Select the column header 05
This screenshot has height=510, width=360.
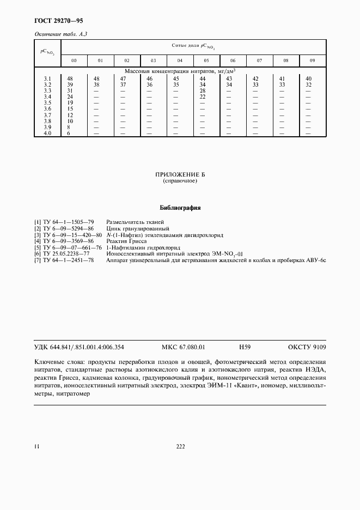pyautogui.click(x=206, y=60)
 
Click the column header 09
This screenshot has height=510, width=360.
pyautogui.click(x=312, y=60)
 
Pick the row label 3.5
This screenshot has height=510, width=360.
pyautogui.click(x=47, y=103)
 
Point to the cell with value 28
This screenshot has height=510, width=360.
pyautogui.click(x=203, y=91)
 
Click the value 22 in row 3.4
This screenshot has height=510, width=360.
pyautogui.click(x=203, y=97)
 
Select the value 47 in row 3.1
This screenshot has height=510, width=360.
pyautogui.click(x=123, y=79)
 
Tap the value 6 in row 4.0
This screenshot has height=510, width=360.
pyautogui.click(x=69, y=133)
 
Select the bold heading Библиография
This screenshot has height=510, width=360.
pyautogui.click(x=180, y=208)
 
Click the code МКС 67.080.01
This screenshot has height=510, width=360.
pyautogui.click(x=184, y=347)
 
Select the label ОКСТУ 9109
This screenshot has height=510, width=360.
pyautogui.click(x=307, y=347)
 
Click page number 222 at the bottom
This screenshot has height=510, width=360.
pyautogui.click(x=181, y=447)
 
